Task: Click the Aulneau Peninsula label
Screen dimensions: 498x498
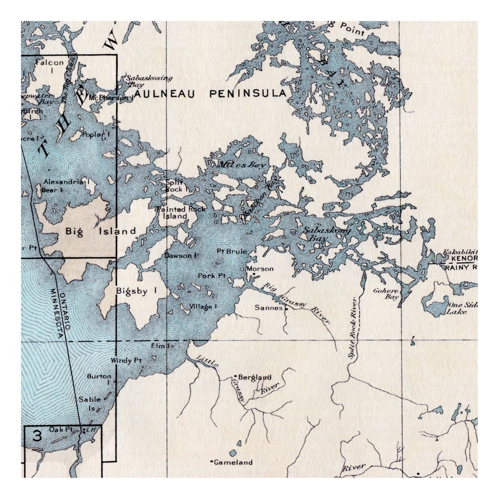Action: pyautogui.click(x=210, y=93)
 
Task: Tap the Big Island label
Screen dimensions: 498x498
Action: pyautogui.click(x=101, y=231)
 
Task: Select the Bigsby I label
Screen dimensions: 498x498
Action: pyautogui.click(x=136, y=290)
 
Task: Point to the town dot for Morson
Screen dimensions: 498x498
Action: pyautogui.click(x=243, y=269)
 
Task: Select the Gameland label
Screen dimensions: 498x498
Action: pyautogui.click(x=233, y=462)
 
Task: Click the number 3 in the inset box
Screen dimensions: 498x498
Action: pyautogui.click(x=38, y=436)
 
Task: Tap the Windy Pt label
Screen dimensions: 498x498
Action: pyautogui.click(x=126, y=360)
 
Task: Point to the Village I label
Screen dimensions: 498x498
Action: pyautogui.click(x=203, y=307)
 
